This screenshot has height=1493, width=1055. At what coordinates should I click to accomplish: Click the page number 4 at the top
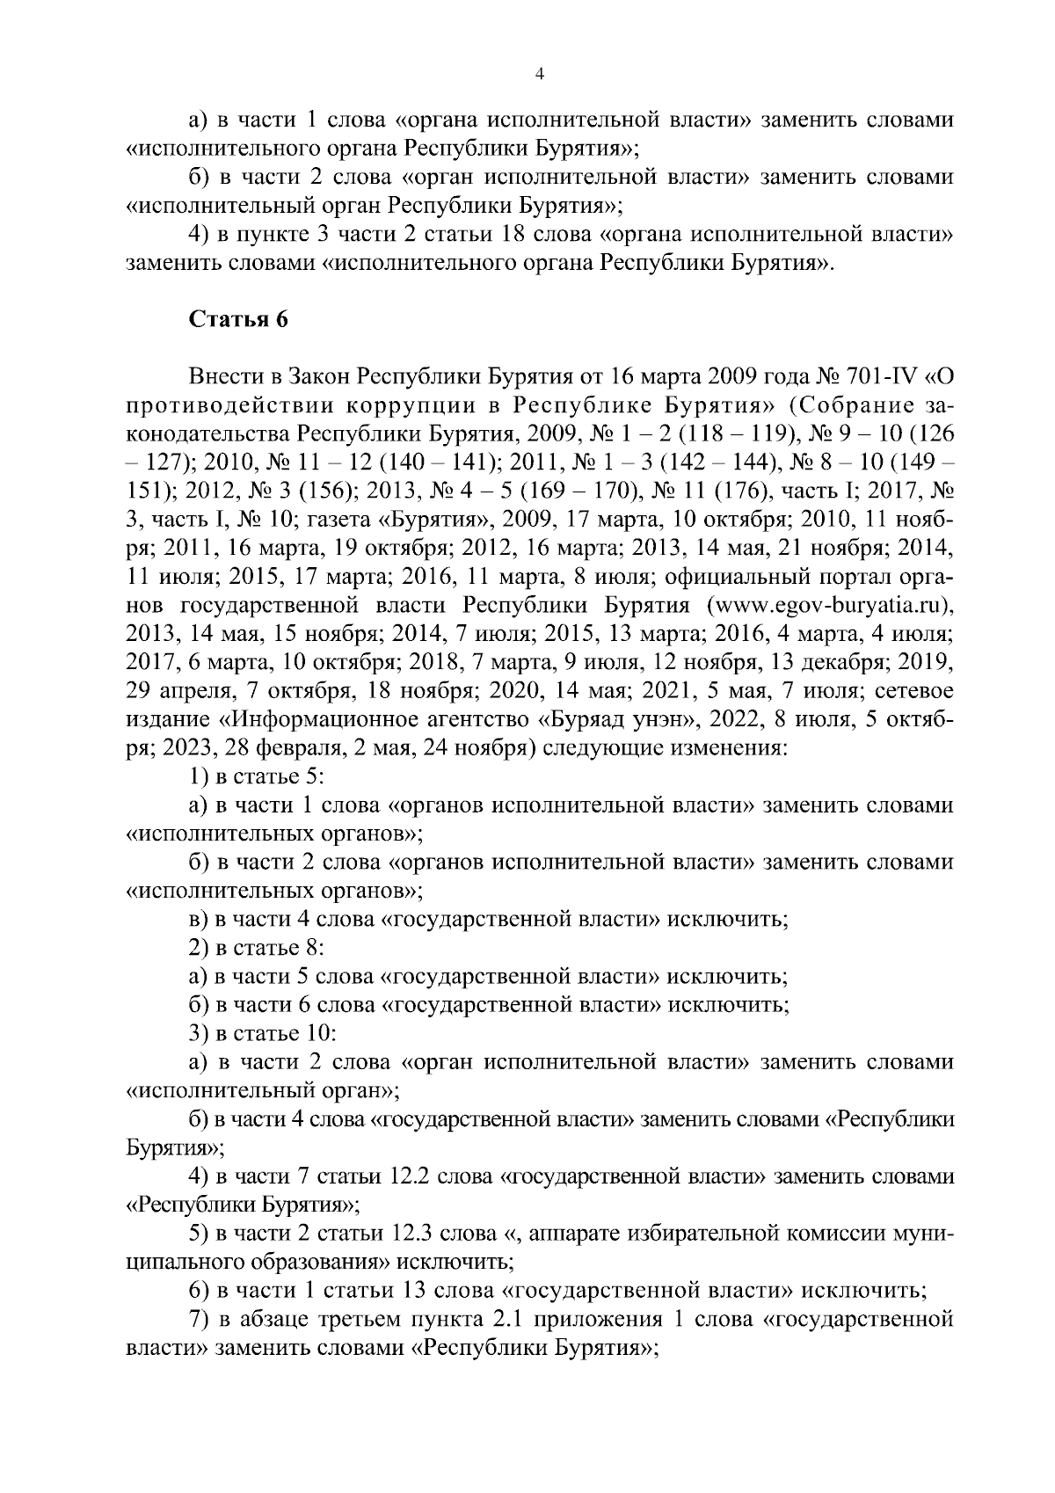click(x=539, y=76)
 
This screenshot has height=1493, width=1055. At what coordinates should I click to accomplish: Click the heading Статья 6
click(x=238, y=319)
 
